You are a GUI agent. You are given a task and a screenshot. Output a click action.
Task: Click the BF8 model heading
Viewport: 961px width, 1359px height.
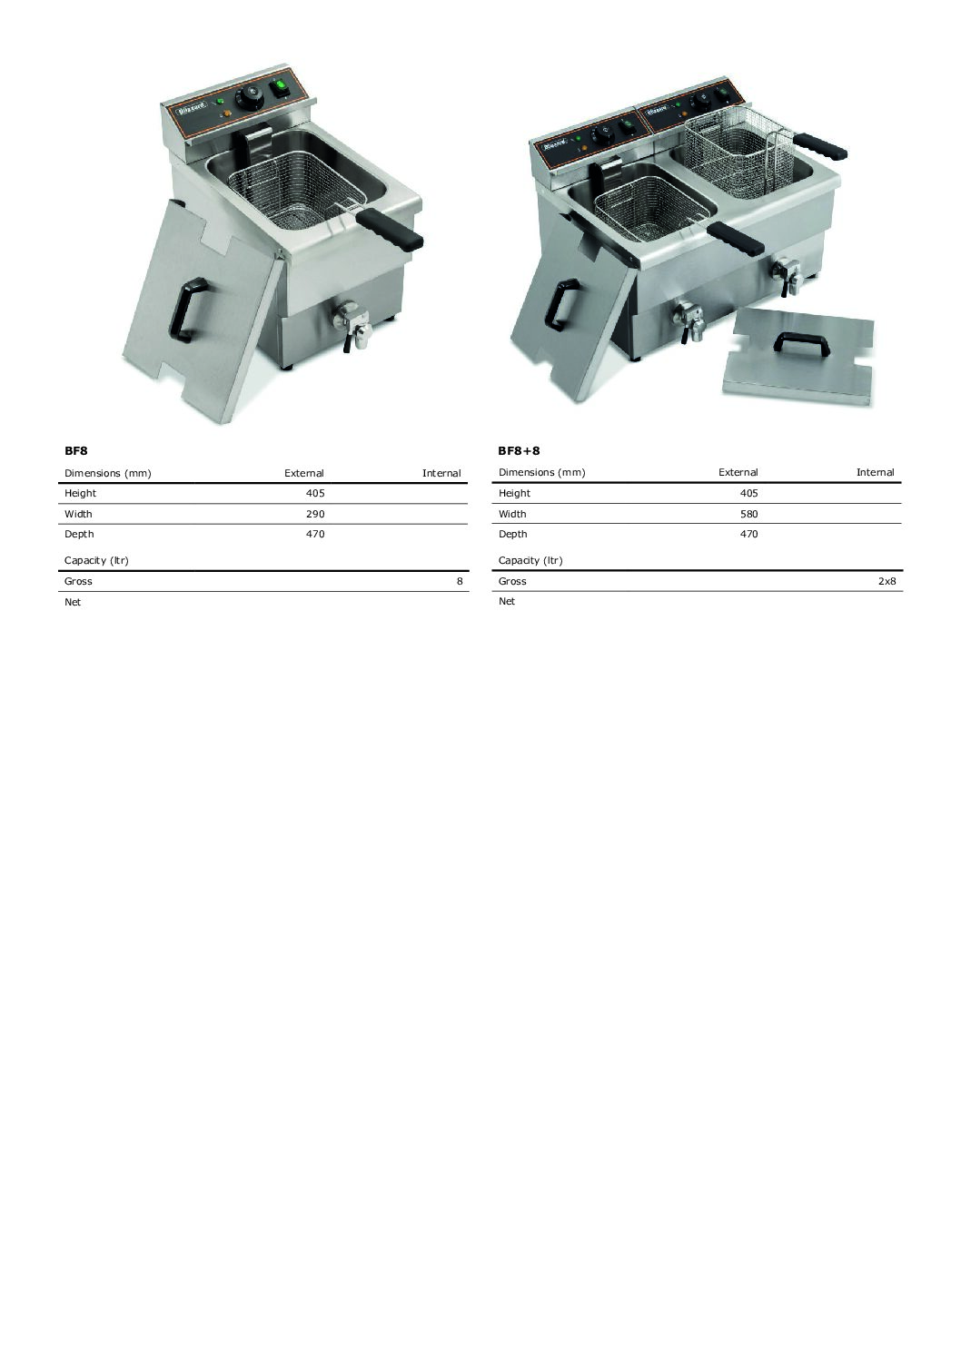click(x=76, y=451)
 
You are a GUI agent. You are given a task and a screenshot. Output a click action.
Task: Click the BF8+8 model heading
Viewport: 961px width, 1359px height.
click(x=519, y=451)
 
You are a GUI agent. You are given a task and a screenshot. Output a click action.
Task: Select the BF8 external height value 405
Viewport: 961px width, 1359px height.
click(x=315, y=493)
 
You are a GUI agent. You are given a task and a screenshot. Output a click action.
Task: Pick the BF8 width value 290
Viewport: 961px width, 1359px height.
click(x=315, y=514)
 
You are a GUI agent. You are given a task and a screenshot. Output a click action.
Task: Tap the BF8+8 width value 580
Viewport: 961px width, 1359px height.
click(x=749, y=514)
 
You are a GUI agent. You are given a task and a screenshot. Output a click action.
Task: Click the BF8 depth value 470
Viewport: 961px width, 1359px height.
click(x=315, y=534)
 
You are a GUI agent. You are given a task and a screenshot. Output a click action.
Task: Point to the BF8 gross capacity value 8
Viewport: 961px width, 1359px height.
click(x=460, y=581)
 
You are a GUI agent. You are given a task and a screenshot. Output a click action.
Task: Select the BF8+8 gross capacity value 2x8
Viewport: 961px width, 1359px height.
click(x=887, y=581)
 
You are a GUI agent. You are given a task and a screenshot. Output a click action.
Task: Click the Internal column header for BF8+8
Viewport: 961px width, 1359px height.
click(x=876, y=472)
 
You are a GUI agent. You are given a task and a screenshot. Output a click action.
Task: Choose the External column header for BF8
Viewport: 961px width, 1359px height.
click(x=304, y=473)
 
